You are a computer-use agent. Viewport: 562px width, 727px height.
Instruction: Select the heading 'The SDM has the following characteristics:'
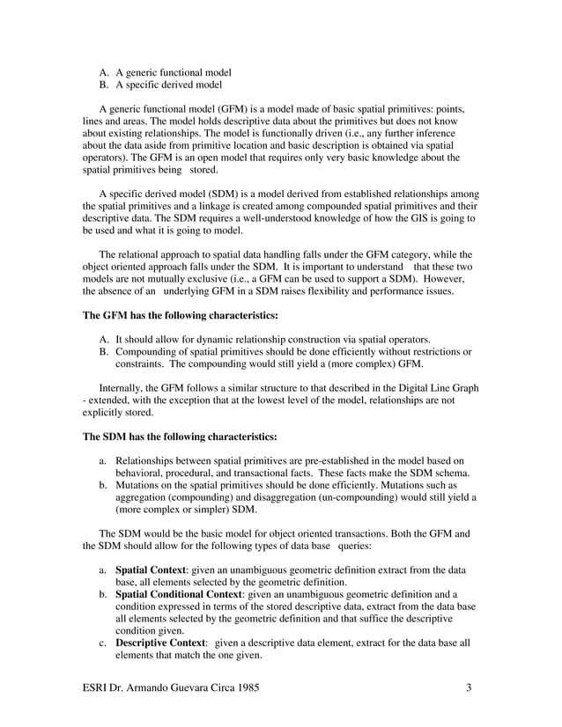pyautogui.click(x=179, y=436)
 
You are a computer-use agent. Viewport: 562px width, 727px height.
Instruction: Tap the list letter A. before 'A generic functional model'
pyautogui.click(x=103, y=71)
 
